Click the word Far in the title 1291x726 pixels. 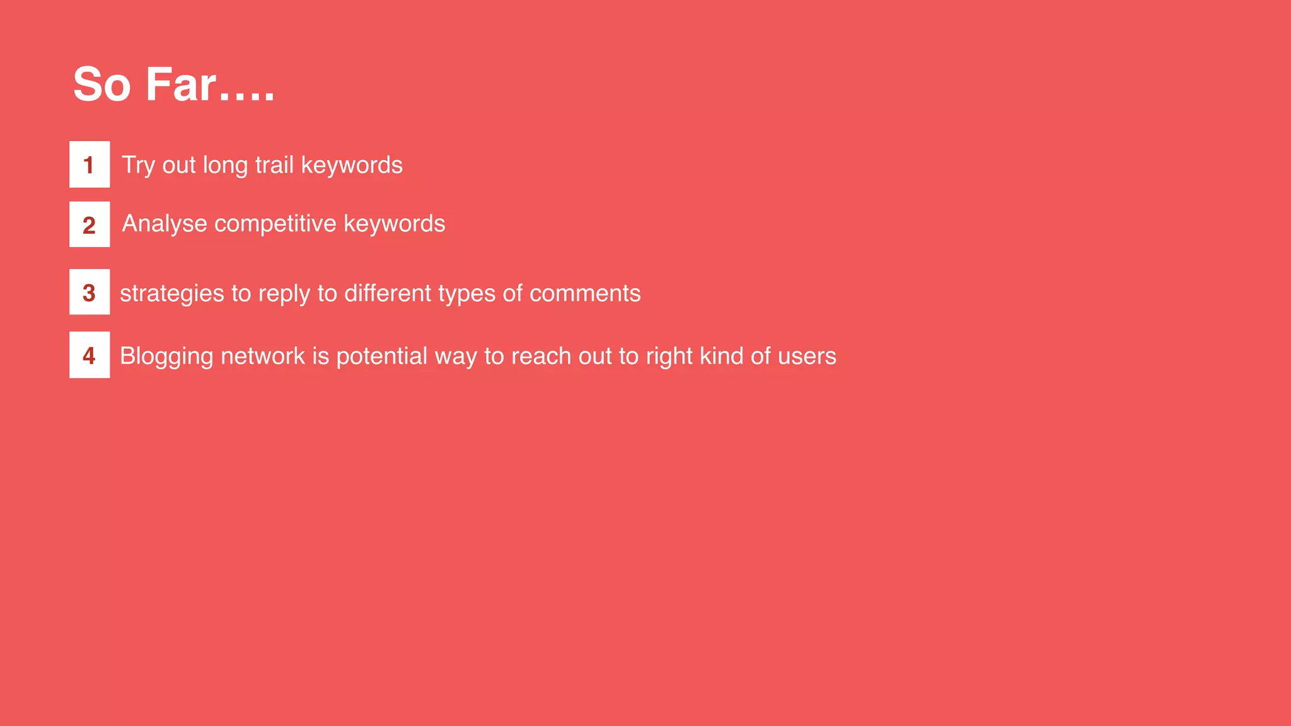pyautogui.click(x=181, y=84)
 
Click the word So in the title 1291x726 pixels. pyautogui.click(x=101, y=84)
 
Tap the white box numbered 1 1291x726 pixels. pyautogui.click(x=90, y=164)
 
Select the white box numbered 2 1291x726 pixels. pyautogui.click(x=90, y=224)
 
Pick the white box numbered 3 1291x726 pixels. pyautogui.click(x=90, y=292)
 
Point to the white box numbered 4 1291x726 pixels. pyautogui.click(x=90, y=355)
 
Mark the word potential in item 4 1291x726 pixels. pyautogui.click(x=382, y=357)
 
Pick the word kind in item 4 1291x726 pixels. pyautogui.click(x=721, y=356)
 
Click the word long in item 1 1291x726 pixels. pyautogui.click(x=225, y=166)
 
